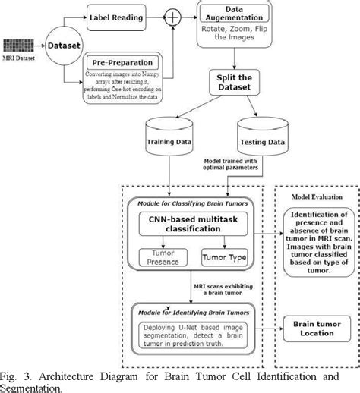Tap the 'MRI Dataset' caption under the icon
18,57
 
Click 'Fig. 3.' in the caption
16,375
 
